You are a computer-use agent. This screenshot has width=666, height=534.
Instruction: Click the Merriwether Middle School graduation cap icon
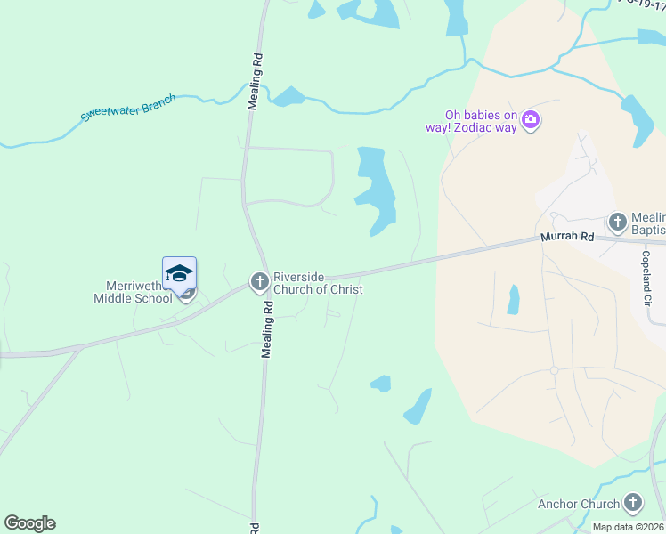179,272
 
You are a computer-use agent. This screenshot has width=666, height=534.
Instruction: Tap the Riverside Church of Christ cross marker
259,282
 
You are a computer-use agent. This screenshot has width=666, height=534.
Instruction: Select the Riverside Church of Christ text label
318,282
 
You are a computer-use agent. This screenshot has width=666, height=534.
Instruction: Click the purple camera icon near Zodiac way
531,119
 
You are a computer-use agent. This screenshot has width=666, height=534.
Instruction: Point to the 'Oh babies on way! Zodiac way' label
482,121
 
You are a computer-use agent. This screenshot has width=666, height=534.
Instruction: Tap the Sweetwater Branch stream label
128,107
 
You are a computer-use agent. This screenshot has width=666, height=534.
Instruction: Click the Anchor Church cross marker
633,503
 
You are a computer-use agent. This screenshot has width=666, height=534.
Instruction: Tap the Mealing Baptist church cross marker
617,221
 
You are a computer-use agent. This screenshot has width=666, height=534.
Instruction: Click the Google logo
29,523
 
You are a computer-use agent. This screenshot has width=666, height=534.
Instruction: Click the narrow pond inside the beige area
513,300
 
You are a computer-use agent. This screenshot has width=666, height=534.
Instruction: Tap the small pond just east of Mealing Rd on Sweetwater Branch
288,96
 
